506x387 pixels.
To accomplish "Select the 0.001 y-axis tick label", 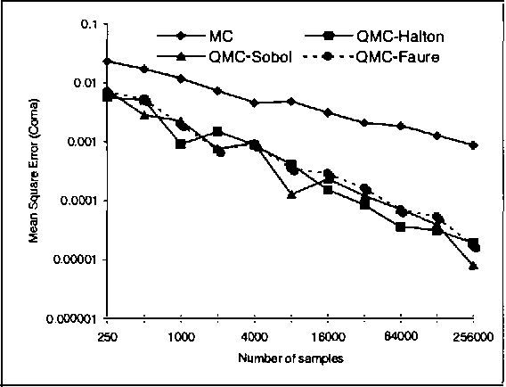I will pyautogui.click(x=82, y=143).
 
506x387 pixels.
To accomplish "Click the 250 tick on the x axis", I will pyautogui.click(x=107, y=336).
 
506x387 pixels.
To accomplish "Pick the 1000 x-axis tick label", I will pyautogui.click(x=181, y=336).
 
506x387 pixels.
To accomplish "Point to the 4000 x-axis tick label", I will pyautogui.click(x=255, y=336).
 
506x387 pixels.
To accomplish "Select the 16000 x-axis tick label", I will pyautogui.click(x=328, y=336).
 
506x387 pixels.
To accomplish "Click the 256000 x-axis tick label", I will pyautogui.click(x=473, y=336).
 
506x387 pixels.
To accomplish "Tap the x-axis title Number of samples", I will pyautogui.click(x=290, y=358).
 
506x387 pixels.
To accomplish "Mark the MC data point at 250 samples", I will pyautogui.click(x=108, y=61).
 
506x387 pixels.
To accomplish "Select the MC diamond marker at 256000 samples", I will pyautogui.click(x=474, y=144).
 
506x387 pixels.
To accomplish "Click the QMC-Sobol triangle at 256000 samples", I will pyautogui.click(x=474, y=266).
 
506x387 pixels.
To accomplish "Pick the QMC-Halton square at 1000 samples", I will pyautogui.click(x=181, y=144).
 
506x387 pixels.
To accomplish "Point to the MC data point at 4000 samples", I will pyautogui.click(x=255, y=103).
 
